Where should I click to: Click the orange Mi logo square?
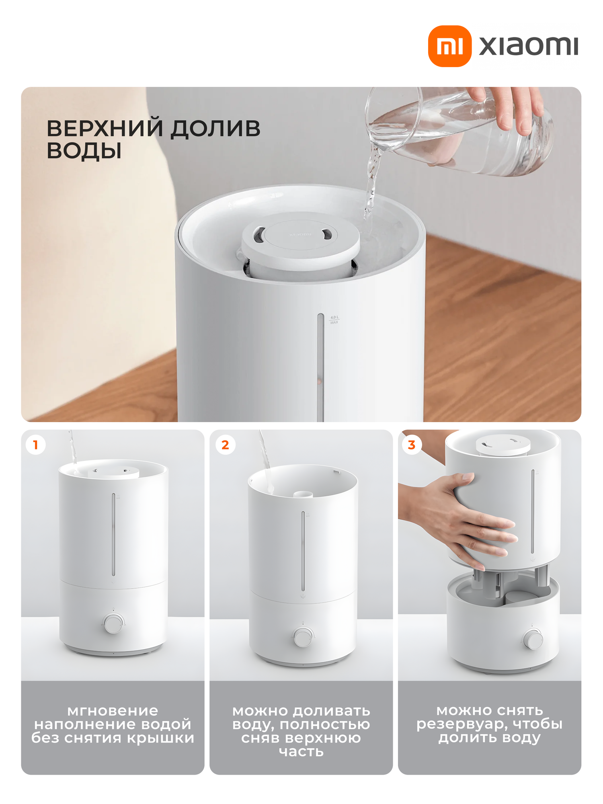tap(449, 46)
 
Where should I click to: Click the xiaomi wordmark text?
tap(528, 46)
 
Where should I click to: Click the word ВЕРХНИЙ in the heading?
tap(105, 129)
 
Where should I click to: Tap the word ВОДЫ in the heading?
tap(84, 151)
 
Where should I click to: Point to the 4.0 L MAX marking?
tap(334, 320)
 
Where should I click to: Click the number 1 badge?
tap(36, 445)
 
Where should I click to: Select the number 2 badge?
tap(225, 445)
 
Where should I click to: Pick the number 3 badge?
tap(412, 445)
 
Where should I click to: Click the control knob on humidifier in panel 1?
tap(113, 624)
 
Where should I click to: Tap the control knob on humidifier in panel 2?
tap(303, 638)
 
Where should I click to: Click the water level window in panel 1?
tap(113, 535)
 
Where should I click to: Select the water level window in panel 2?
tap(303, 551)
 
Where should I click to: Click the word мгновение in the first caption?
tap(113, 711)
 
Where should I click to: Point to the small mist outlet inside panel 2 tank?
tap(303, 494)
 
